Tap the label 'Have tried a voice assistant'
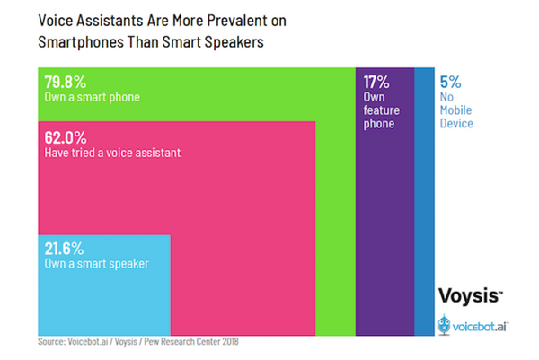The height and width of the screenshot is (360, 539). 112,154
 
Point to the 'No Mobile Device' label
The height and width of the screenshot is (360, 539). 456,110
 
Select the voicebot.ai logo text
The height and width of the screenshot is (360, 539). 482,325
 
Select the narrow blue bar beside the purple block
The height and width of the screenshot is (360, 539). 423,198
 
